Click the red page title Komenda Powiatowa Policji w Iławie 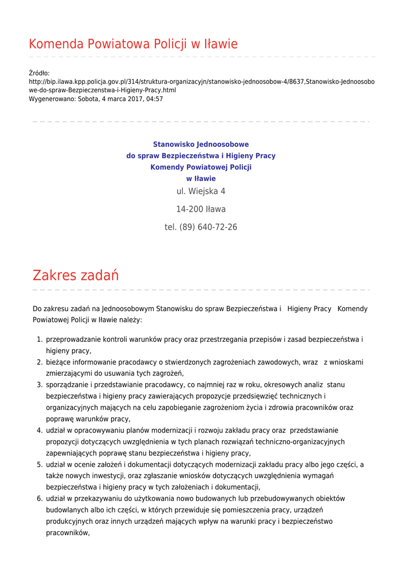coord(133,44)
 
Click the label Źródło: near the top coord(39,73)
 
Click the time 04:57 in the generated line coord(154,99)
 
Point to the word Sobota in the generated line coord(90,99)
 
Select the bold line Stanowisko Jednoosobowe coord(201,144)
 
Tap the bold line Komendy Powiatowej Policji coord(201,167)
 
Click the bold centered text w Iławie coord(201,179)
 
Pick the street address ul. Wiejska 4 coord(201,191)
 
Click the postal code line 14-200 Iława coord(201,209)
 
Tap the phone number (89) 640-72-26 coord(208,227)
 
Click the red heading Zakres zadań coord(75,275)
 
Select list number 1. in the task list coord(40,340)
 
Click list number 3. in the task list coord(40,385)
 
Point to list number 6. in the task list coord(40,499)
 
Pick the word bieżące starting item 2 coord(59,363)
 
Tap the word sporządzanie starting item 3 coord(69,385)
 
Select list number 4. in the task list coord(40,431)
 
